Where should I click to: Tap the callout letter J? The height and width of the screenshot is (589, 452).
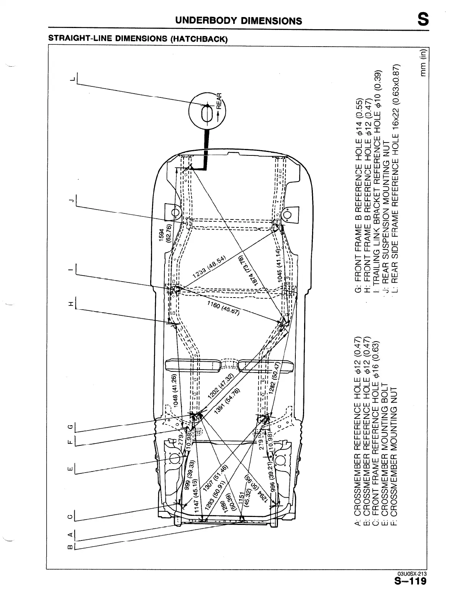click(x=70, y=200)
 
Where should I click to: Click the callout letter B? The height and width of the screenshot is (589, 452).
click(x=70, y=547)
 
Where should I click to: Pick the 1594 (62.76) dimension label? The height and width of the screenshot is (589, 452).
click(x=165, y=238)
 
